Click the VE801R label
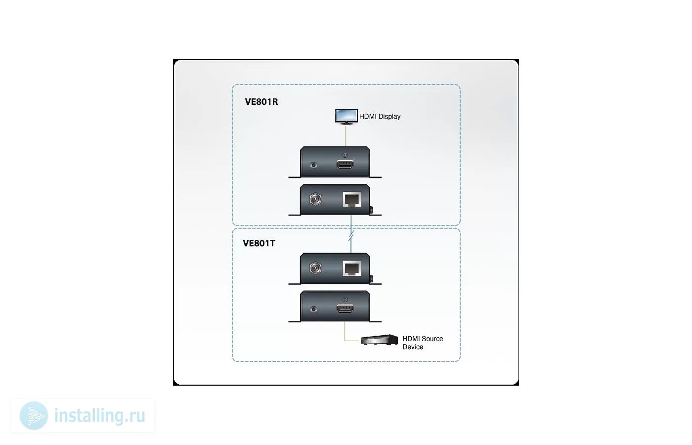[261, 102]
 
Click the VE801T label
[259, 243]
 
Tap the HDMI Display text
[380, 117]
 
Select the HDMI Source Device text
[423, 343]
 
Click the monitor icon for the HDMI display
[346, 117]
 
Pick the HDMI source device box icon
[379, 340]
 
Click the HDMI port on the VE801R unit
[345, 164]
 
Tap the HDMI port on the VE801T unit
[345, 308]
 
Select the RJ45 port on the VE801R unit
[352, 199]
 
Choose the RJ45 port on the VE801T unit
[352, 268]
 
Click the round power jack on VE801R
[315, 199]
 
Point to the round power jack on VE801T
[315, 268]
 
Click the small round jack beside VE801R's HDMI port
[313, 165]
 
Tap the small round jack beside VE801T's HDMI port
[313, 309]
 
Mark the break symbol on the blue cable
[351, 236]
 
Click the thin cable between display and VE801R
[346, 135]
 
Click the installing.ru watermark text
[100, 416]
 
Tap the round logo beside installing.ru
[34, 416]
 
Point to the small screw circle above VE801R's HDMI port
[345, 155]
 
